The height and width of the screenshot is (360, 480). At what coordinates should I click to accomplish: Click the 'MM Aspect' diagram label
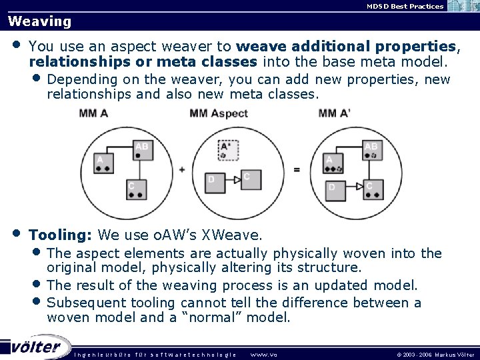(219, 113)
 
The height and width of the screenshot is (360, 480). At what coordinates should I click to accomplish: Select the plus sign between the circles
(181, 169)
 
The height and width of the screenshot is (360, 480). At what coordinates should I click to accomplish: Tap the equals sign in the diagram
(297, 169)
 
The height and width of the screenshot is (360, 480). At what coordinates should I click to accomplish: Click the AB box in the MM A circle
(142, 149)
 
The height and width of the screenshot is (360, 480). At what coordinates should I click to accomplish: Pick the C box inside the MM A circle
(136, 190)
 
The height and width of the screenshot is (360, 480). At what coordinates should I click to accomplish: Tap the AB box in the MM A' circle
(372, 149)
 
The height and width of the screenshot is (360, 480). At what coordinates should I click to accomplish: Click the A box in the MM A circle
(103, 163)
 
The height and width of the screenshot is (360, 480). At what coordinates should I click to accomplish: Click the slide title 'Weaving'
(39, 21)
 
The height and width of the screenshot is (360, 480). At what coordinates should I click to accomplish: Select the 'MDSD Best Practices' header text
(405, 6)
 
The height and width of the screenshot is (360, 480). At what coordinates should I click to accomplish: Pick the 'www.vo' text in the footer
(263, 355)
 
